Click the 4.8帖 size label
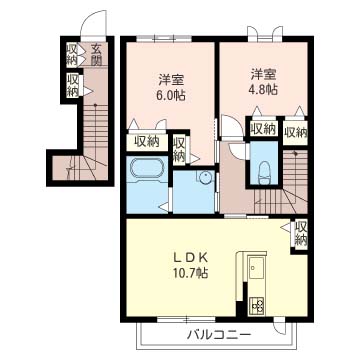coord(265,89)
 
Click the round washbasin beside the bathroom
coord(205,179)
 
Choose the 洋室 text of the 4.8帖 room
coord(264,72)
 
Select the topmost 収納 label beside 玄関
coord(73,53)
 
